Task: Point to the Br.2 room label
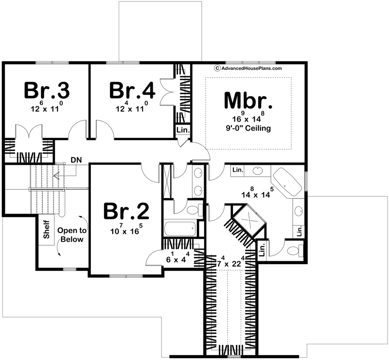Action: coord(126,211)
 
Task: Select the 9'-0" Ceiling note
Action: coord(248,128)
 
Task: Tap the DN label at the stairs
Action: coord(76,160)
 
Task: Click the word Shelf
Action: coord(47,229)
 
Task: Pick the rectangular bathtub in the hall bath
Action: coord(179,229)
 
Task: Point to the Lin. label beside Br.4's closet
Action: coord(183,130)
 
